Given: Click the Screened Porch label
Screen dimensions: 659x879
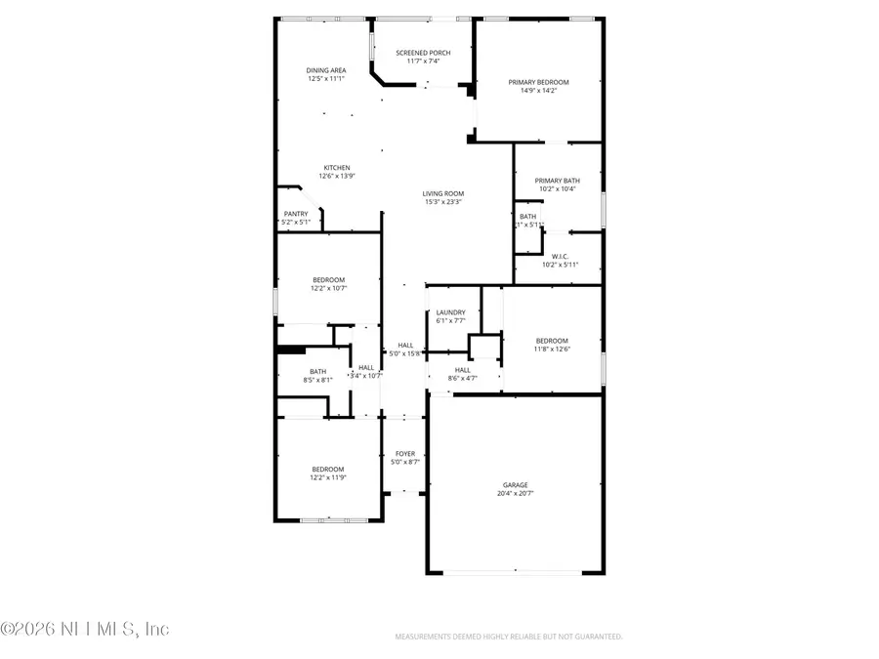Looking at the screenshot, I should coord(421,52).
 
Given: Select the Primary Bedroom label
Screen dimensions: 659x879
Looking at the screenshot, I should coord(538,82).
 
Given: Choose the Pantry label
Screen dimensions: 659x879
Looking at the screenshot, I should coord(296,214).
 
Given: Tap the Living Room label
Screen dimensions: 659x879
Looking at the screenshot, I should coord(442,193).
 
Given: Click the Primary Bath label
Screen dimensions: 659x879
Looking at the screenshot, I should coord(558,181).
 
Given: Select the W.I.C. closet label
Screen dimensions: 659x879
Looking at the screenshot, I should coord(560,257).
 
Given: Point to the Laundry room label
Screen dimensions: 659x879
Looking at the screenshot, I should coord(450,312).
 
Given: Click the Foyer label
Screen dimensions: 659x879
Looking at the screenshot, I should coord(404,453).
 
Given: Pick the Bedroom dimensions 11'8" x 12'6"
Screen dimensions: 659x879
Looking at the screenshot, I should coord(551,349).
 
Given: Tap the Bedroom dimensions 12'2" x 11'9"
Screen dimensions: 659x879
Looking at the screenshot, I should coord(328,476).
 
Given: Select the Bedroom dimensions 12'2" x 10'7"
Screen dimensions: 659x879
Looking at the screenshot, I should coord(328,289).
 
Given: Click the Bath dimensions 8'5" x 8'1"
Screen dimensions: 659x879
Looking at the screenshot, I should coord(318,379).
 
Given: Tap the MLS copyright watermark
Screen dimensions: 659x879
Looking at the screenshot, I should coord(86,629).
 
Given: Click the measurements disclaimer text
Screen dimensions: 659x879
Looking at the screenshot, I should coord(508,637).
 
